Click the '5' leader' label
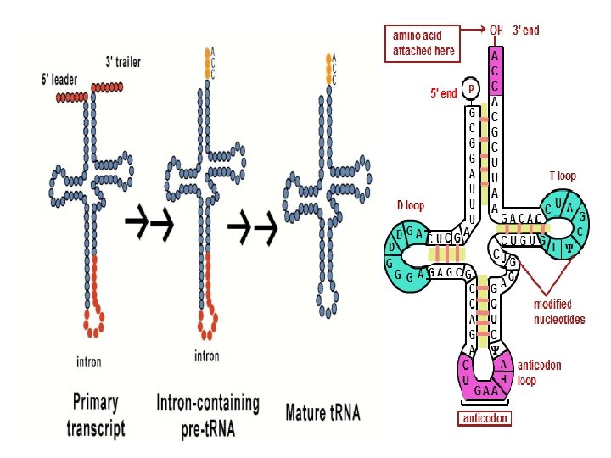tap(65, 81)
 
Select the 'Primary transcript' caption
tap(94, 414)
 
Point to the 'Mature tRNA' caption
tap(322, 413)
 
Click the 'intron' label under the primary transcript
tap(88, 362)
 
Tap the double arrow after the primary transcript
tap(149, 223)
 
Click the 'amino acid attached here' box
tap(423, 42)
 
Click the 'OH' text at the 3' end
tap(496, 31)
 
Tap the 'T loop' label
tap(562, 176)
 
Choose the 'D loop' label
tap(411, 205)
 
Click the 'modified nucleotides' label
tap(558, 311)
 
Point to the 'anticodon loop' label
tap(539, 373)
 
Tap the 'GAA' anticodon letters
tap(485, 391)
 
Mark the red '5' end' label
tap(444, 92)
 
